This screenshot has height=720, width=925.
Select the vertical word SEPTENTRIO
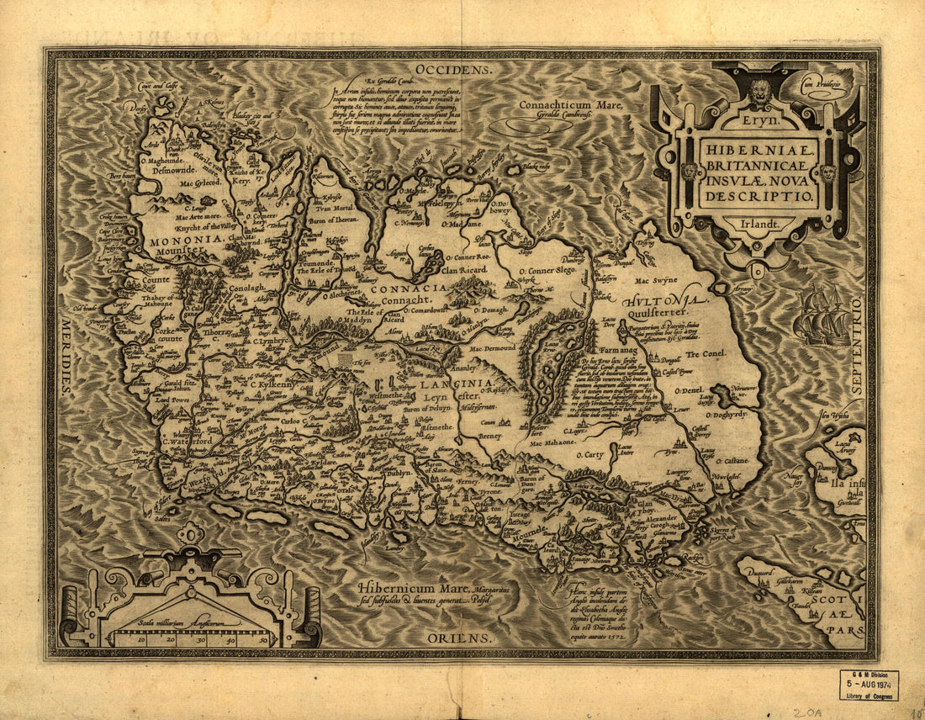[857, 346]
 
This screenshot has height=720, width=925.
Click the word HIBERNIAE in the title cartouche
[758, 146]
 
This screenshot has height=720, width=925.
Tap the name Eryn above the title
[761, 122]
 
